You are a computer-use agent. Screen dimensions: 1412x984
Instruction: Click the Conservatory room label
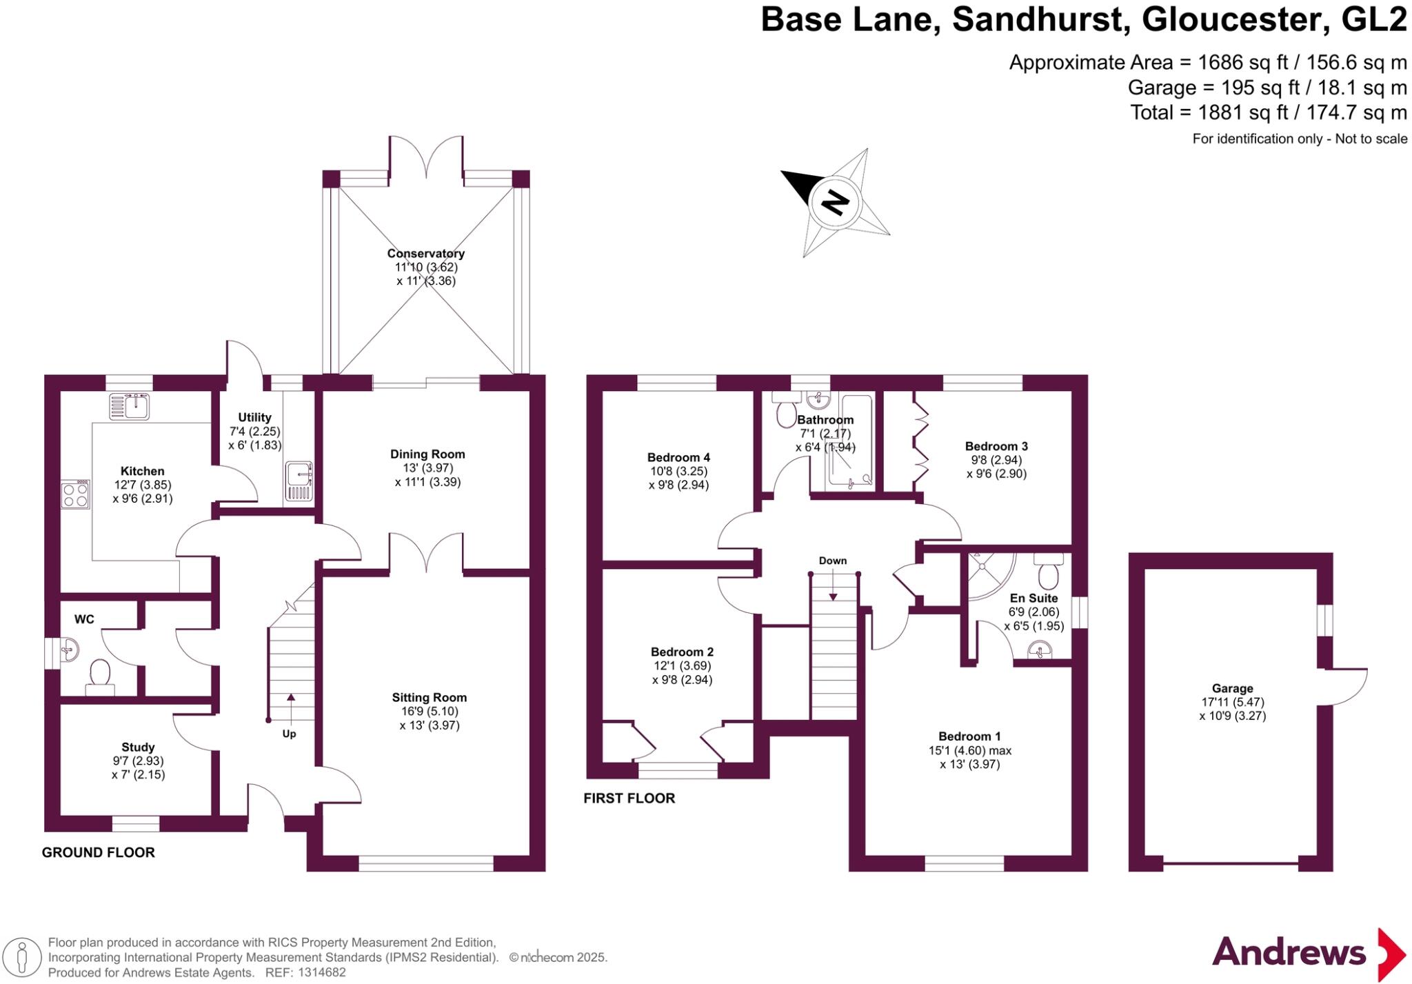point(425,254)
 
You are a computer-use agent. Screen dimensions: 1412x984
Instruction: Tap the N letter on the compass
point(835,202)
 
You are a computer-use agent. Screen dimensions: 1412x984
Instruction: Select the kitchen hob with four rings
point(75,494)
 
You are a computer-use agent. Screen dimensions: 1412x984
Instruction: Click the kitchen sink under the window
point(129,406)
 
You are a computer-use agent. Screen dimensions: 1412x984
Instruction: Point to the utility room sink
point(299,481)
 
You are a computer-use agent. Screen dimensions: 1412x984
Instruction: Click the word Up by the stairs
point(289,734)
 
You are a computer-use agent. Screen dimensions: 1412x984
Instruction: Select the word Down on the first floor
point(833,561)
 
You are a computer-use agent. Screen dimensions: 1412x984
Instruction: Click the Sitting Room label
point(429,698)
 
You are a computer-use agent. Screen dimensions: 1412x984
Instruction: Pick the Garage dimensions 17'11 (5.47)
point(1232,702)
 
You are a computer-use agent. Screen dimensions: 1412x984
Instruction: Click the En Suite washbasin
point(1040,649)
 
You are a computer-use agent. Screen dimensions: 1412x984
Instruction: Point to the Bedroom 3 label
point(996,446)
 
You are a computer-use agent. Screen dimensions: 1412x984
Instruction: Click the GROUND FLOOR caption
point(99,852)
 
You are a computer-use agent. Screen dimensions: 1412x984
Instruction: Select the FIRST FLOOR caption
point(629,799)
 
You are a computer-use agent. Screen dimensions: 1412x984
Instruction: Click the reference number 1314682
point(322,973)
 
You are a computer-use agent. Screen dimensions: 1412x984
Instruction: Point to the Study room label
point(138,747)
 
